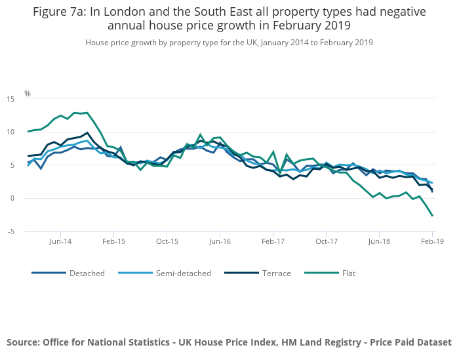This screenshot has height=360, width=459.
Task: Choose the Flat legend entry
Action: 348,273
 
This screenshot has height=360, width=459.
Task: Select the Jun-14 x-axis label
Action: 60,241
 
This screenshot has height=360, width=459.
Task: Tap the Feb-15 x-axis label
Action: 113,241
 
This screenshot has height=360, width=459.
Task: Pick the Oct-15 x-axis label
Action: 167,241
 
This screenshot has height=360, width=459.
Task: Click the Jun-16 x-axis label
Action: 220,241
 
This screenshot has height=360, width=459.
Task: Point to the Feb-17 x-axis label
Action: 273,241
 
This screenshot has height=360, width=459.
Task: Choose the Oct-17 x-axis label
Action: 326,241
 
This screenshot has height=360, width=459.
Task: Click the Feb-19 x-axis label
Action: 432,241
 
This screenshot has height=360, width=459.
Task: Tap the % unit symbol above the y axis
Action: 28,94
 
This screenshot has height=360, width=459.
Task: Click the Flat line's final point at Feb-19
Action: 432,216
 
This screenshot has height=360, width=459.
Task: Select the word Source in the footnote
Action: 23,342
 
